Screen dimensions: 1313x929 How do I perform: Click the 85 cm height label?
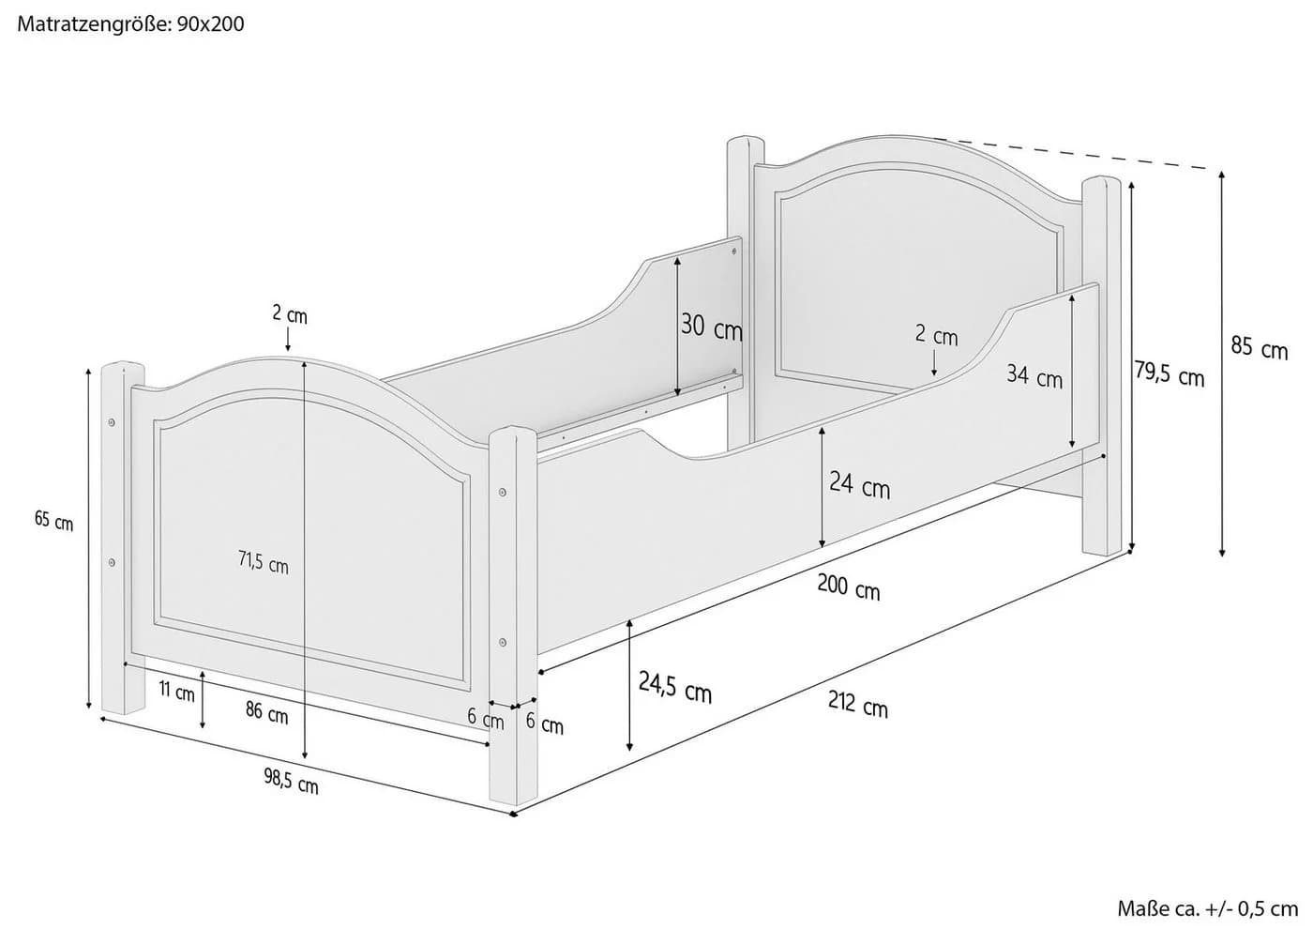1259,348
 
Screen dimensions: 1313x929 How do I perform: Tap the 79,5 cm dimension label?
1169,373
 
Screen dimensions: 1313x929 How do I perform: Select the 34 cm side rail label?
1034,376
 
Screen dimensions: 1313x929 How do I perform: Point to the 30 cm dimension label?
712,327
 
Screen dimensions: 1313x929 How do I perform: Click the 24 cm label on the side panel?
859,485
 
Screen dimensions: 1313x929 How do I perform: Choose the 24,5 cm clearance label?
674,687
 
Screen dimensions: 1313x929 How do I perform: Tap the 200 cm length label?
849,587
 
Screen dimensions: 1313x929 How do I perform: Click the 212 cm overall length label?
858,704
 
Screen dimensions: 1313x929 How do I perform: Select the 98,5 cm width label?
291,781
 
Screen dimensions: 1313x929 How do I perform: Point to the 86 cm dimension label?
266,712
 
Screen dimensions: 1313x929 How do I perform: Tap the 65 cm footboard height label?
54,520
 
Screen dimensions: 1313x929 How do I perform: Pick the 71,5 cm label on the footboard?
264,562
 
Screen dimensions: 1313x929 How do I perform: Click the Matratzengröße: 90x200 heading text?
130,24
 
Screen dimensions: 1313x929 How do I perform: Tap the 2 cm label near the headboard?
937,336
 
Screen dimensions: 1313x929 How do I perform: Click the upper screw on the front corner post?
503,492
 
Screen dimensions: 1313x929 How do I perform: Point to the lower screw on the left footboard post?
112,562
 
